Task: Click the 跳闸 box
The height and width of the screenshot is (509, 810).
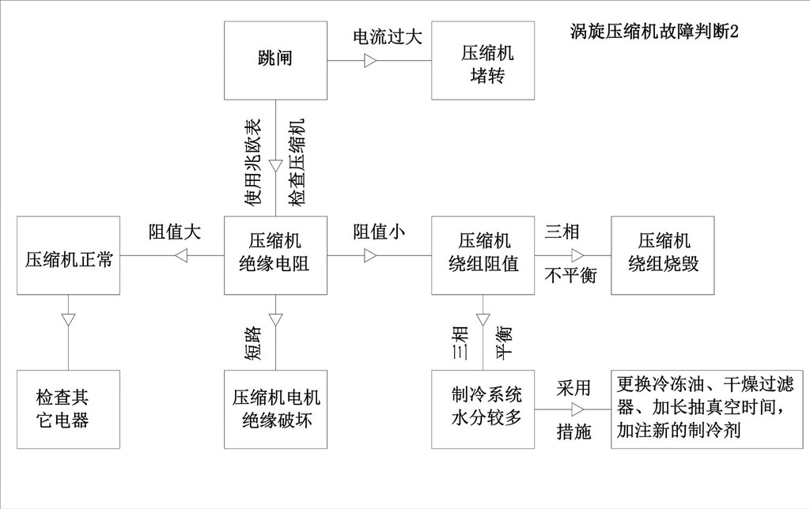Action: pyautogui.click(x=275, y=60)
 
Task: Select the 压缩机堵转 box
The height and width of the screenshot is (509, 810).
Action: pyautogui.click(x=483, y=60)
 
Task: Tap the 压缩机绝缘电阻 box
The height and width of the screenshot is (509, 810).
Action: pyautogui.click(x=275, y=255)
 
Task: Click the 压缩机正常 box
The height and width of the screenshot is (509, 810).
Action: pyautogui.click(x=68, y=255)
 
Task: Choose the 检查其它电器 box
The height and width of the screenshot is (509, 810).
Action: pyautogui.click(x=68, y=409)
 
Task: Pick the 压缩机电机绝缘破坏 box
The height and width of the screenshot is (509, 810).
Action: pyautogui.click(x=275, y=409)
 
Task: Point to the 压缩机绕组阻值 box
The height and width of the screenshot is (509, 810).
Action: pyautogui.click(x=483, y=255)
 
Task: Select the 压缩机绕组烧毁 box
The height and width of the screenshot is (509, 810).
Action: pyautogui.click(x=663, y=255)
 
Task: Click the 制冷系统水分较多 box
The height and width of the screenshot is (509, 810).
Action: pyautogui.click(x=483, y=409)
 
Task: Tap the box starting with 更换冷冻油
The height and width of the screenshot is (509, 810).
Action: pyautogui.click(x=707, y=409)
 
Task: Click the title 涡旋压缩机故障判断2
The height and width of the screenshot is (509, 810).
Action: pyautogui.click(x=654, y=32)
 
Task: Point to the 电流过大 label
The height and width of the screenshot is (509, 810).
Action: pyautogui.click(x=388, y=36)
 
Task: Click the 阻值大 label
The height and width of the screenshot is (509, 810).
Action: pyautogui.click(x=175, y=232)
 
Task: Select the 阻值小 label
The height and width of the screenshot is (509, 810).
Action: pyautogui.click(x=379, y=232)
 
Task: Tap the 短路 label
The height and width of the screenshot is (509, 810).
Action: pyautogui.click(x=253, y=343)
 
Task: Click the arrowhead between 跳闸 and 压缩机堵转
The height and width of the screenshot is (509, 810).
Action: pyautogui.click(x=370, y=60)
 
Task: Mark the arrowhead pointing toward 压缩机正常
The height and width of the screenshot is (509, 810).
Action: pyautogui.click(x=181, y=255)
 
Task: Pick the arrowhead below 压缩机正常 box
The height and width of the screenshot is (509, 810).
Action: pyautogui.click(x=68, y=320)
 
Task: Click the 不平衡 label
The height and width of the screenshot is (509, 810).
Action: pyautogui.click(x=570, y=275)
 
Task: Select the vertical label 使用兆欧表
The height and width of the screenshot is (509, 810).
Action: pyautogui.click(x=253, y=162)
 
